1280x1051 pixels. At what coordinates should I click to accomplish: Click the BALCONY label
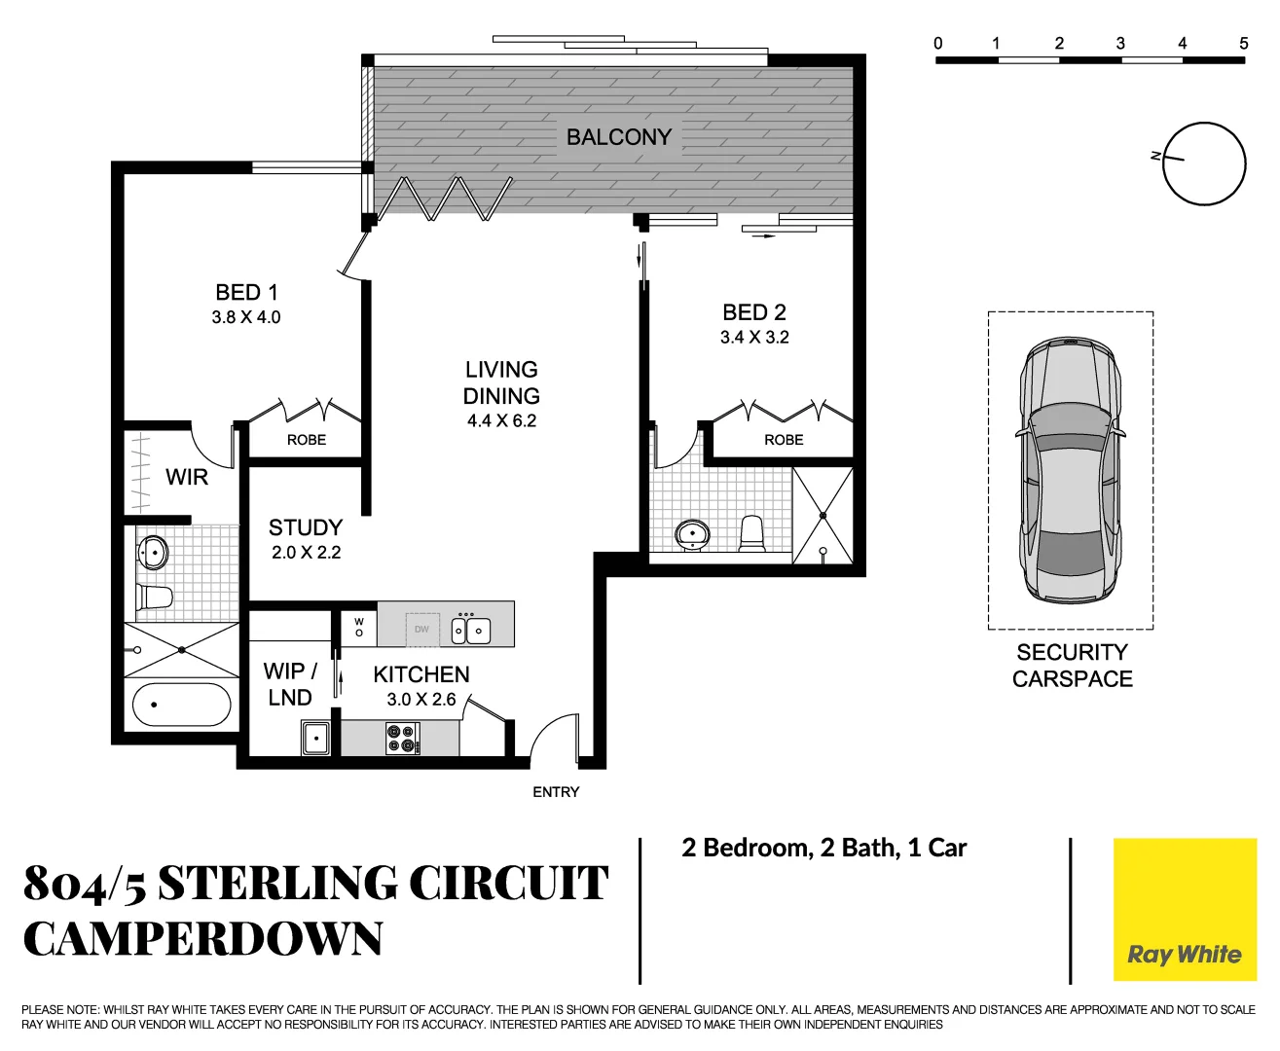pos(619,137)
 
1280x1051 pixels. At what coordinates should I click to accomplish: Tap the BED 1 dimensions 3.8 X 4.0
pos(246,317)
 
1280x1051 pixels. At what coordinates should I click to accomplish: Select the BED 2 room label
pos(754,312)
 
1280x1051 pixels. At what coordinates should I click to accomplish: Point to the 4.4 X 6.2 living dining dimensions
pos(501,421)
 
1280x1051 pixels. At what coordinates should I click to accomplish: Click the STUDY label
pos(306,527)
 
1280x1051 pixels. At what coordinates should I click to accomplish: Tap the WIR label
pos(187,477)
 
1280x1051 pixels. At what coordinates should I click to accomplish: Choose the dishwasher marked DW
pos(421,630)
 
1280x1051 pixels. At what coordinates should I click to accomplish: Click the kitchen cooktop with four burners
pos(402,739)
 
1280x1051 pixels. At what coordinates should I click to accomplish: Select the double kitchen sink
pos(471,631)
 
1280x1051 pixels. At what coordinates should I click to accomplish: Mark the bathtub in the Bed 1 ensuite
pos(181,705)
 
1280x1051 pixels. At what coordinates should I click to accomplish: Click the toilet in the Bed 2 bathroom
pos(752,533)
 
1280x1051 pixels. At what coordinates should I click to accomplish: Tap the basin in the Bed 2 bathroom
pos(692,533)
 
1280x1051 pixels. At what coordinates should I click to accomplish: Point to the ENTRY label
pos(556,792)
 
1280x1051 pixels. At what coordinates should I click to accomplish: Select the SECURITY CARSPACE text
pos(1072,666)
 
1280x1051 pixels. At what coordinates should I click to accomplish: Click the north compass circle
pos(1205,163)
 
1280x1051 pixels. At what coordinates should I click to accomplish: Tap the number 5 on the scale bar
pos(1243,43)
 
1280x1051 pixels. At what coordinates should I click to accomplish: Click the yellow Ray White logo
pos(1185,910)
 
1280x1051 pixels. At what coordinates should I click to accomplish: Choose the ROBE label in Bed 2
pos(784,440)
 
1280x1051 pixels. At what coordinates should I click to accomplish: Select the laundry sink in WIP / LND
pos(316,738)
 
